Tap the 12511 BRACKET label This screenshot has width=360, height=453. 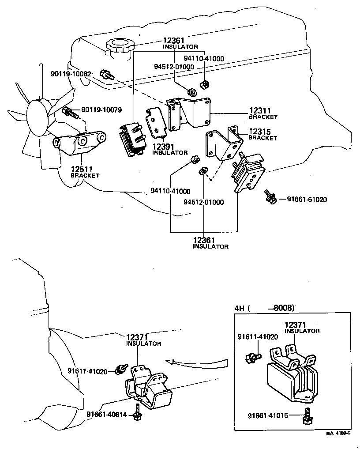(x=85, y=172)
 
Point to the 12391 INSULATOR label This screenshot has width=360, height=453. (x=170, y=149)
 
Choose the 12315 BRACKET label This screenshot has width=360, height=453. (x=263, y=134)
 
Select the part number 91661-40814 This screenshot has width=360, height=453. (x=106, y=414)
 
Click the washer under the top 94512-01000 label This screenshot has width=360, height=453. (x=191, y=92)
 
